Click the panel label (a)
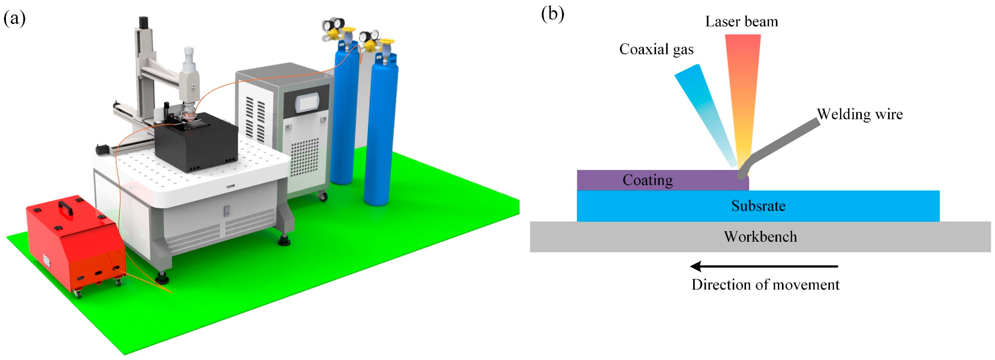14,18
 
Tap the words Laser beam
741,22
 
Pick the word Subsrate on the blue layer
758,206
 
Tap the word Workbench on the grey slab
760,237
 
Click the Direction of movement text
765,285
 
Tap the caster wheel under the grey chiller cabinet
323,196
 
